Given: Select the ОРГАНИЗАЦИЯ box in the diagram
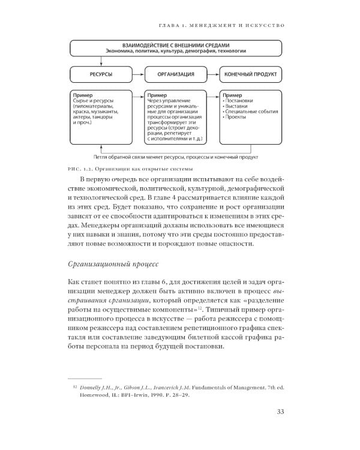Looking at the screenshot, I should click(x=176, y=74).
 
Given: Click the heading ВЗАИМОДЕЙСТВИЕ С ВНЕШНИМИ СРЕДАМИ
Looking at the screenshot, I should click(x=176, y=45).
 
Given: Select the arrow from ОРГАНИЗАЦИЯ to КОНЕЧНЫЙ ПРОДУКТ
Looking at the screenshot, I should click(x=213, y=74).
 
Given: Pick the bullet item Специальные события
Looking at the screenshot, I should click(x=248, y=112).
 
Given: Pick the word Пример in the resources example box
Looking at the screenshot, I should click(x=82, y=95).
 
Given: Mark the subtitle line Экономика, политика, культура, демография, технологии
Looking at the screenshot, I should click(x=176, y=51).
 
